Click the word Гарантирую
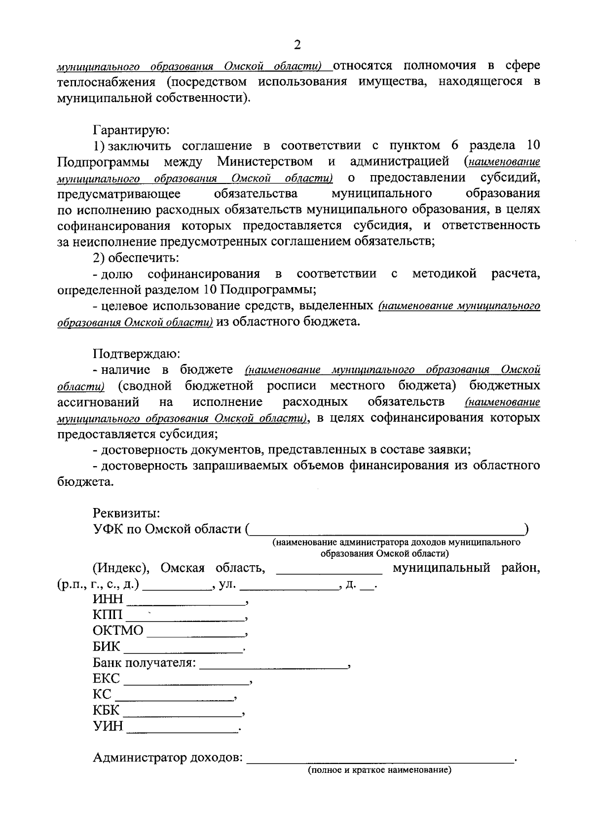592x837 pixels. pos(132,130)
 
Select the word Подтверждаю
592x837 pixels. pos(137,354)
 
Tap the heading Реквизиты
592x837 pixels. pos(126,513)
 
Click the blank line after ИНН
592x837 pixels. pos(186,601)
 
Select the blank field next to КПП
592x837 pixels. pos(185,617)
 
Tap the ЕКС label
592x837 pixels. pos(106,679)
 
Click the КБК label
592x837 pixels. pos(106,711)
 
